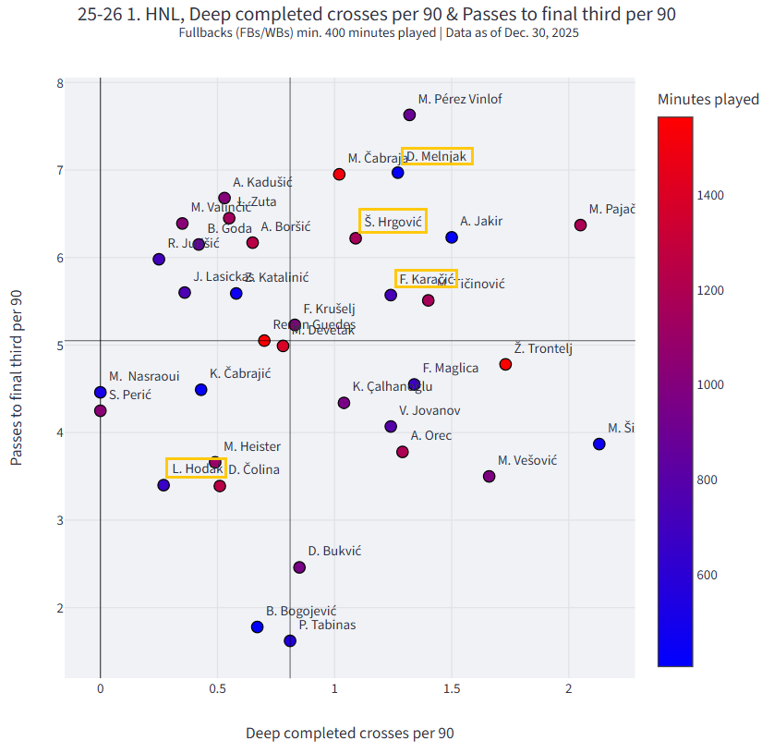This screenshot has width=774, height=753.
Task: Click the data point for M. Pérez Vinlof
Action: (x=409, y=115)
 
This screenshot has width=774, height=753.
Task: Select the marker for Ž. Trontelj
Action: (x=505, y=365)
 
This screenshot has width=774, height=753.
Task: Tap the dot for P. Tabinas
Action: (x=290, y=640)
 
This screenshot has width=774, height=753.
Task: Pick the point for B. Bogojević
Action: (x=257, y=626)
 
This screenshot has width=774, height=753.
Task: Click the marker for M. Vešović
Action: (x=489, y=476)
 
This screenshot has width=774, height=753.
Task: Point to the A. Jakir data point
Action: (x=452, y=237)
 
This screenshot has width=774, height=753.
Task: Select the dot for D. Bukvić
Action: (x=299, y=567)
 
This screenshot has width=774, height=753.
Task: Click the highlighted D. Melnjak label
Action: (x=438, y=156)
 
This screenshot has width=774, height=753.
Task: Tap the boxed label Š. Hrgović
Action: (x=393, y=221)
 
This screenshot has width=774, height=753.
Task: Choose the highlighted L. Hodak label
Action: (x=197, y=468)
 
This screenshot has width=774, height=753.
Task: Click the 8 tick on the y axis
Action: (x=59, y=83)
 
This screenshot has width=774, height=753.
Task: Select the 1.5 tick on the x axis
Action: (x=452, y=689)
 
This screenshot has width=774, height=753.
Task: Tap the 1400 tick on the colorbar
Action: (x=710, y=195)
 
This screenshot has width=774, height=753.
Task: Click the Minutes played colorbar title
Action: (x=708, y=100)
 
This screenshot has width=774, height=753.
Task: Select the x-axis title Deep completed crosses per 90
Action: (x=349, y=733)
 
